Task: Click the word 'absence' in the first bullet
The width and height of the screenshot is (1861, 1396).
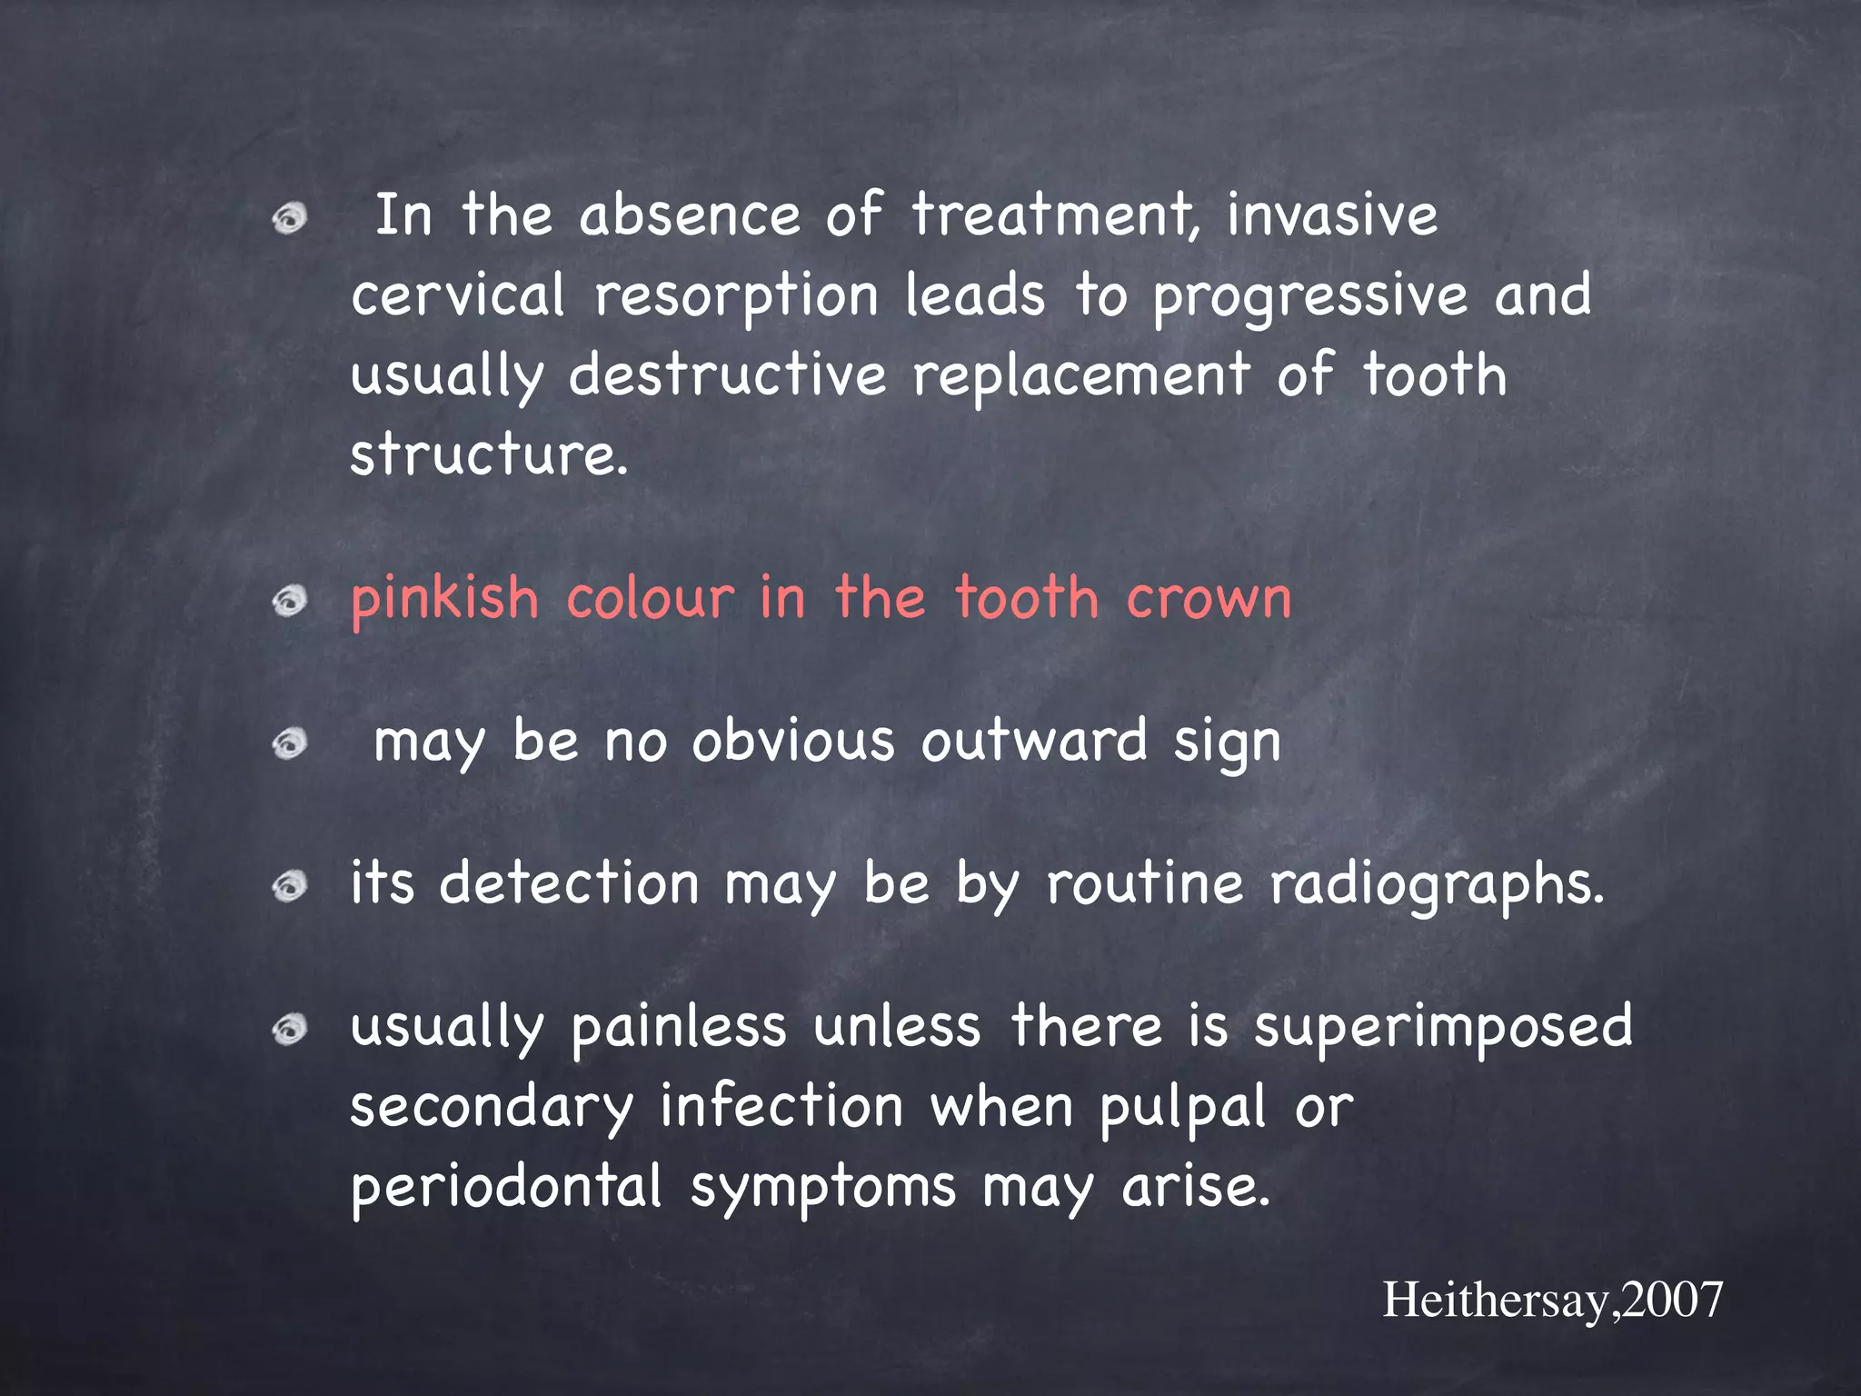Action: point(690,216)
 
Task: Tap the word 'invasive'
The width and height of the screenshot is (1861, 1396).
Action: point(1332,216)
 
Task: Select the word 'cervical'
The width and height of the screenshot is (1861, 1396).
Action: point(458,295)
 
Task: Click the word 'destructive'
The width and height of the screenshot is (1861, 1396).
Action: point(727,375)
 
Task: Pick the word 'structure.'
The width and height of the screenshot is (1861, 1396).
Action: point(489,454)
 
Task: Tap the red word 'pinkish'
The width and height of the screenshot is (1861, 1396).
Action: point(445,601)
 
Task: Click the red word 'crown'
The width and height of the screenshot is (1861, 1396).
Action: point(1209,599)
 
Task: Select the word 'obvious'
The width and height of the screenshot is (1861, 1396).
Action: point(793,742)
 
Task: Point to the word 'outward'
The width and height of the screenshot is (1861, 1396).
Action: point(1034,742)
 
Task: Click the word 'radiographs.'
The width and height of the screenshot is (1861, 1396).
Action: point(1437,885)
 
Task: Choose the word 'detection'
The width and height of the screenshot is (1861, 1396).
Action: point(570,883)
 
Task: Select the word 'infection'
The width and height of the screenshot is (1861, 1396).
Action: point(781,1107)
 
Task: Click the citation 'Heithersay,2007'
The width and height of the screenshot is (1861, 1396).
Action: point(1552,1300)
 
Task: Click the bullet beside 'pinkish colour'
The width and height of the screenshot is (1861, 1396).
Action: point(290,601)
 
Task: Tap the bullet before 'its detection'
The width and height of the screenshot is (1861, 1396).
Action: point(290,885)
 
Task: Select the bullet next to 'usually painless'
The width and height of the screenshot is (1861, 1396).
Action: point(290,1029)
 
